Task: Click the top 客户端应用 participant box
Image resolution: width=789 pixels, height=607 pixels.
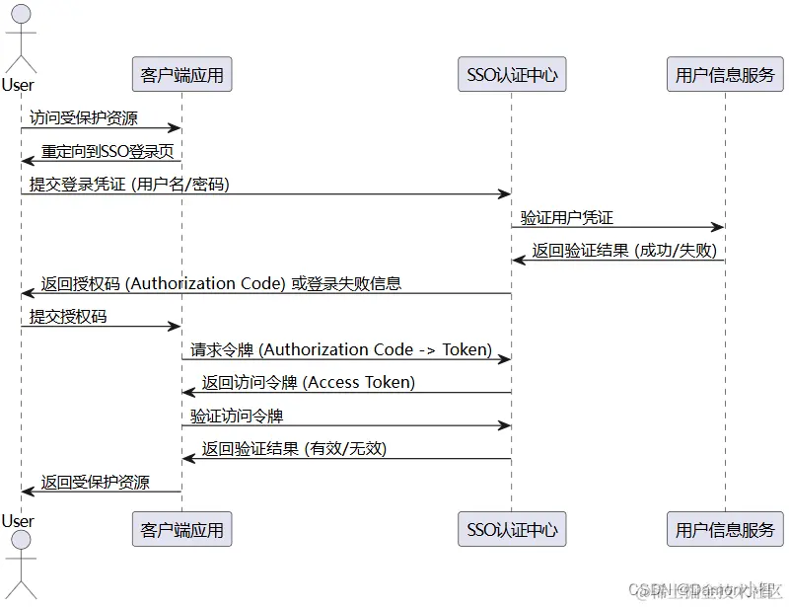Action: pos(181,74)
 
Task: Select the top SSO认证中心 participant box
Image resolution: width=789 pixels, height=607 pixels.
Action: pos(512,74)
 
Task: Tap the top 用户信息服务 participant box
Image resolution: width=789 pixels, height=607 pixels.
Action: pos(725,74)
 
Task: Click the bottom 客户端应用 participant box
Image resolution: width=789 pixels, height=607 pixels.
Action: pos(181,529)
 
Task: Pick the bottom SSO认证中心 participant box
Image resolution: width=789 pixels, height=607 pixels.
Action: pos(512,529)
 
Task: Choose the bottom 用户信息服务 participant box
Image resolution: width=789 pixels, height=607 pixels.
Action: pos(725,529)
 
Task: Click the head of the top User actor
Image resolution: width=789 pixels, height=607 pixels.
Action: pos(21,15)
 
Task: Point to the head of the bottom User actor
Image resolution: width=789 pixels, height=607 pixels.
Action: pos(21,542)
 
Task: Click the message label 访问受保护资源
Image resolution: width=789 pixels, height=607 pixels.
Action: pos(84,117)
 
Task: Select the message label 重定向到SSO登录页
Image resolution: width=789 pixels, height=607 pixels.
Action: pos(109,151)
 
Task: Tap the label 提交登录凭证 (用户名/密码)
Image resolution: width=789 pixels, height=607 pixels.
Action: pos(129,184)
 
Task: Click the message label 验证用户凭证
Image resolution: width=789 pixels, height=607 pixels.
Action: pos(567,217)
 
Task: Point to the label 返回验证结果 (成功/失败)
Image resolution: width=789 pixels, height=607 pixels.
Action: pos(624,250)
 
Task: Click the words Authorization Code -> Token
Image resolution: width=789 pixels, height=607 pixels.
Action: pos(380,349)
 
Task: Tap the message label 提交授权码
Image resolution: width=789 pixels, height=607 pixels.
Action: pos(68,316)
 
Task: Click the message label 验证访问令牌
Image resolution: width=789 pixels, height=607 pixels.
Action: pos(238,416)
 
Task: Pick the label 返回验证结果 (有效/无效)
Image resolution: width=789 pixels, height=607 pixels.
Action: pos(294,448)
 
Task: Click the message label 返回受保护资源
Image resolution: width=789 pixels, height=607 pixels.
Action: pos(96,482)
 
